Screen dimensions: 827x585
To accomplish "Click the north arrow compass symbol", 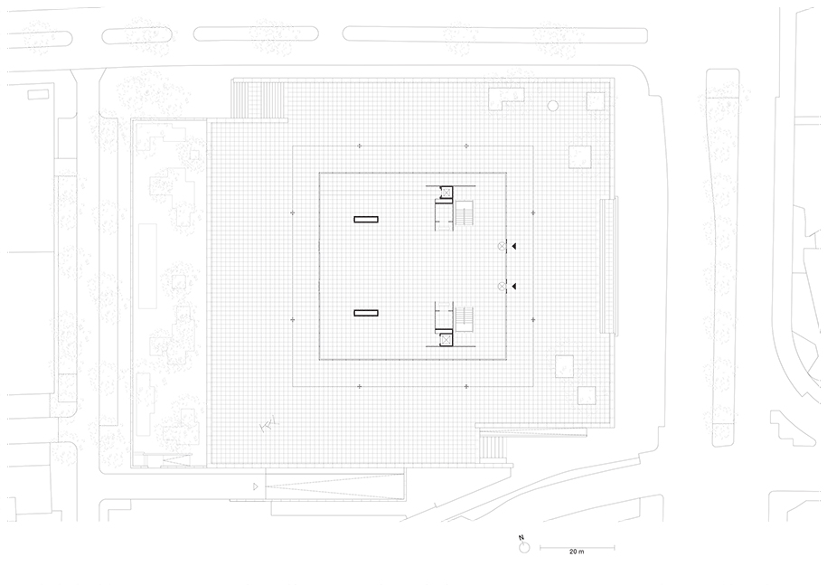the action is tap(523, 546).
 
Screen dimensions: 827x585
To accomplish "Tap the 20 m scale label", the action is tap(577, 552).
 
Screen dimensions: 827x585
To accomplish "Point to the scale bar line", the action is tap(577, 548).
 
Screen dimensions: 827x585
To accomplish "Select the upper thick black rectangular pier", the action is tap(366, 220).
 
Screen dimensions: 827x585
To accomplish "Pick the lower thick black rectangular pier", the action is tap(366, 314).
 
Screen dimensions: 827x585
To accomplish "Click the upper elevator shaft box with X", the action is tap(446, 193).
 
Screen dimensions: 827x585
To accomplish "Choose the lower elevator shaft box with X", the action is tap(446, 340).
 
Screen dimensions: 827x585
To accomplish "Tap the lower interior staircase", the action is tap(465, 320).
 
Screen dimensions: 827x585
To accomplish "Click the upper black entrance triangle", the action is tap(513, 246).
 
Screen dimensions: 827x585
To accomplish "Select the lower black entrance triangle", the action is tap(513, 287).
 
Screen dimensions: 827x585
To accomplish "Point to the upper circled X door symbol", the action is tap(502, 246).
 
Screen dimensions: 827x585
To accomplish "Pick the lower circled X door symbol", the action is tap(502, 287).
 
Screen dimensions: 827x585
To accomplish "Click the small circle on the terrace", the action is tap(553, 106).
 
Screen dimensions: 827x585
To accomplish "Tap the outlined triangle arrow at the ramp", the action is tap(256, 486).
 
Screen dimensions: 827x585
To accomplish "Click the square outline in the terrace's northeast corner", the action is tap(596, 101).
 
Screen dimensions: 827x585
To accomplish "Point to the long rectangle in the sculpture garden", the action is tap(147, 267).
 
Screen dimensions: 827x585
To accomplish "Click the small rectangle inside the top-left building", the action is tap(38, 94).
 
